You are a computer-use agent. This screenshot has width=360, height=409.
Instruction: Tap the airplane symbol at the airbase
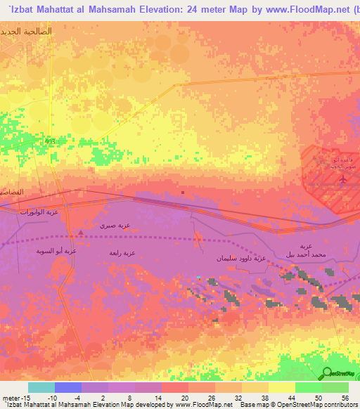(342, 179)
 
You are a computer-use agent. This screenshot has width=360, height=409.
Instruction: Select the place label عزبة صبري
(115, 226)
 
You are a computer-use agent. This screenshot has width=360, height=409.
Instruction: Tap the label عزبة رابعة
(122, 252)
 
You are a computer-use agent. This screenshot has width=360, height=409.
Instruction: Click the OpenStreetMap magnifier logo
(328, 373)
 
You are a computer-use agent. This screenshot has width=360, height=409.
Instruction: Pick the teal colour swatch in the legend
(41, 387)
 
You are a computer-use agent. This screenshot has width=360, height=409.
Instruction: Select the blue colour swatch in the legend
(68, 387)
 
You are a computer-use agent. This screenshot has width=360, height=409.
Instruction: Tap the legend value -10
(51, 397)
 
